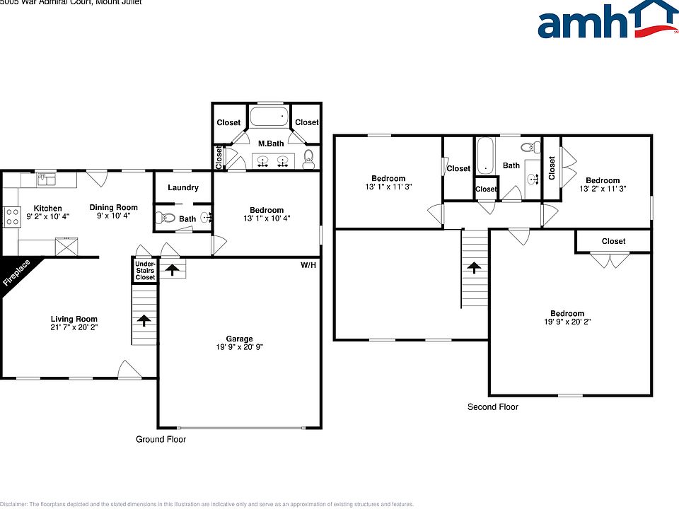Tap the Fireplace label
pyautogui.click(x=17, y=273)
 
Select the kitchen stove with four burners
pyautogui.click(x=11, y=216)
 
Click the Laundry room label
pyautogui.click(x=182, y=188)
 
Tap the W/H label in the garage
pyautogui.click(x=308, y=265)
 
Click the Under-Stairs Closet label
pyautogui.click(x=145, y=271)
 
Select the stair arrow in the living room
pyautogui.click(x=144, y=320)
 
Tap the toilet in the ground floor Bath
pyautogui.click(x=163, y=218)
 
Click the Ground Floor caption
pyautogui.click(x=161, y=439)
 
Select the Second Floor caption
pyautogui.click(x=492, y=407)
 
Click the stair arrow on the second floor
pyautogui.click(x=474, y=267)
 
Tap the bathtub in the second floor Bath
pyautogui.click(x=484, y=156)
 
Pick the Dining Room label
pyautogui.click(x=113, y=208)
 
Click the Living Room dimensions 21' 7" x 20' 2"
pyautogui.click(x=74, y=327)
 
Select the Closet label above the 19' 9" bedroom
pyautogui.click(x=613, y=241)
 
